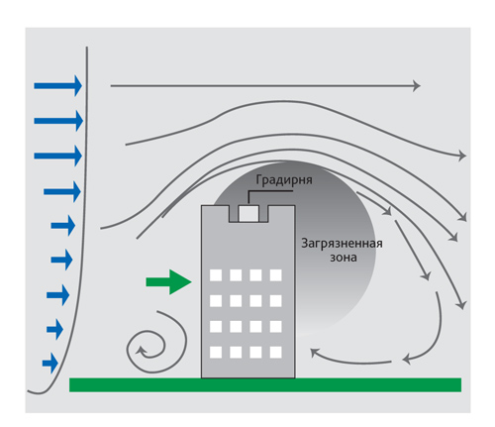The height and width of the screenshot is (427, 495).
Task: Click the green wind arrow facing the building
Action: click(x=168, y=281)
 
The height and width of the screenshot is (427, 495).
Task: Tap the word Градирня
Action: click(x=284, y=180)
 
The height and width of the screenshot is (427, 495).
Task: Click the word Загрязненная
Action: click(x=342, y=244)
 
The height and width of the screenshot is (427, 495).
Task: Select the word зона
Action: click(x=344, y=258)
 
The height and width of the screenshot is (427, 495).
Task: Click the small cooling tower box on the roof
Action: click(x=248, y=213)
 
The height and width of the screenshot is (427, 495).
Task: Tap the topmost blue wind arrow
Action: click(x=58, y=86)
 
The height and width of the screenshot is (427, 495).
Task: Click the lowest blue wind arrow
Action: click(x=50, y=364)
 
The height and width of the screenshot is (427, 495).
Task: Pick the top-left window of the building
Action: click(x=216, y=275)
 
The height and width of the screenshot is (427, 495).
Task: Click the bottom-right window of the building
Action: click(x=276, y=353)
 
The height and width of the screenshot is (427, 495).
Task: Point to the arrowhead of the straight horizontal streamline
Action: click(x=417, y=86)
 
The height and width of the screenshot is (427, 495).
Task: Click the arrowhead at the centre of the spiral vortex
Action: click(x=141, y=351)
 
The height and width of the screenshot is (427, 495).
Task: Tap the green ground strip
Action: click(x=265, y=385)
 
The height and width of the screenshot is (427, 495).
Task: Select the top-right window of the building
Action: click(x=276, y=275)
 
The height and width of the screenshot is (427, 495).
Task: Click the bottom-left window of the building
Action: click(x=216, y=353)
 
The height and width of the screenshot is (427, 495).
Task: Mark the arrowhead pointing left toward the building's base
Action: click(x=314, y=353)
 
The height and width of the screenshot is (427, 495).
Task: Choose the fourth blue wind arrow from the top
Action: click(x=62, y=191)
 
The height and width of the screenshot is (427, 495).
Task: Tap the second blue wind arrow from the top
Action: click(x=58, y=121)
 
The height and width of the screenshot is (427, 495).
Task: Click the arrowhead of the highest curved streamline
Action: click(x=461, y=156)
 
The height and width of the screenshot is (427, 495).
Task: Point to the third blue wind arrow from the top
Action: click(x=58, y=156)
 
